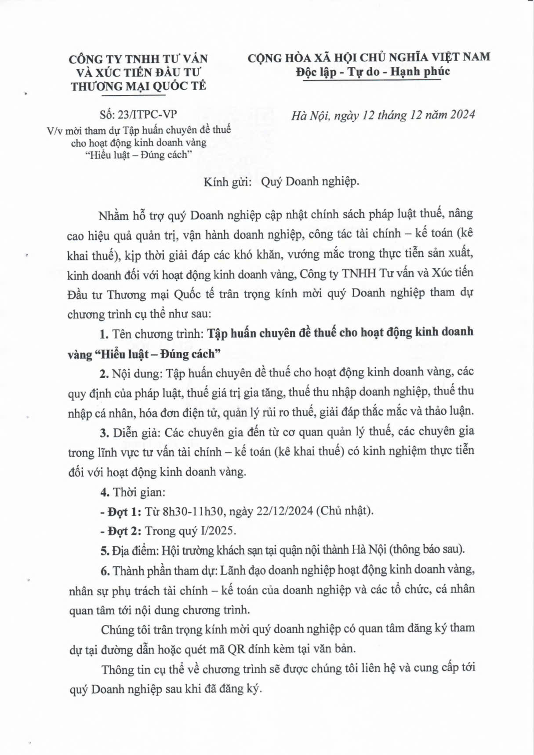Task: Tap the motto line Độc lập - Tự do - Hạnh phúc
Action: click(373, 72)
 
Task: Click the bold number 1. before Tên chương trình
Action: click(104, 334)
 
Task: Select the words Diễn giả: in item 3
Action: click(137, 433)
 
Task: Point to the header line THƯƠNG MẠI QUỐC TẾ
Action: click(138, 86)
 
